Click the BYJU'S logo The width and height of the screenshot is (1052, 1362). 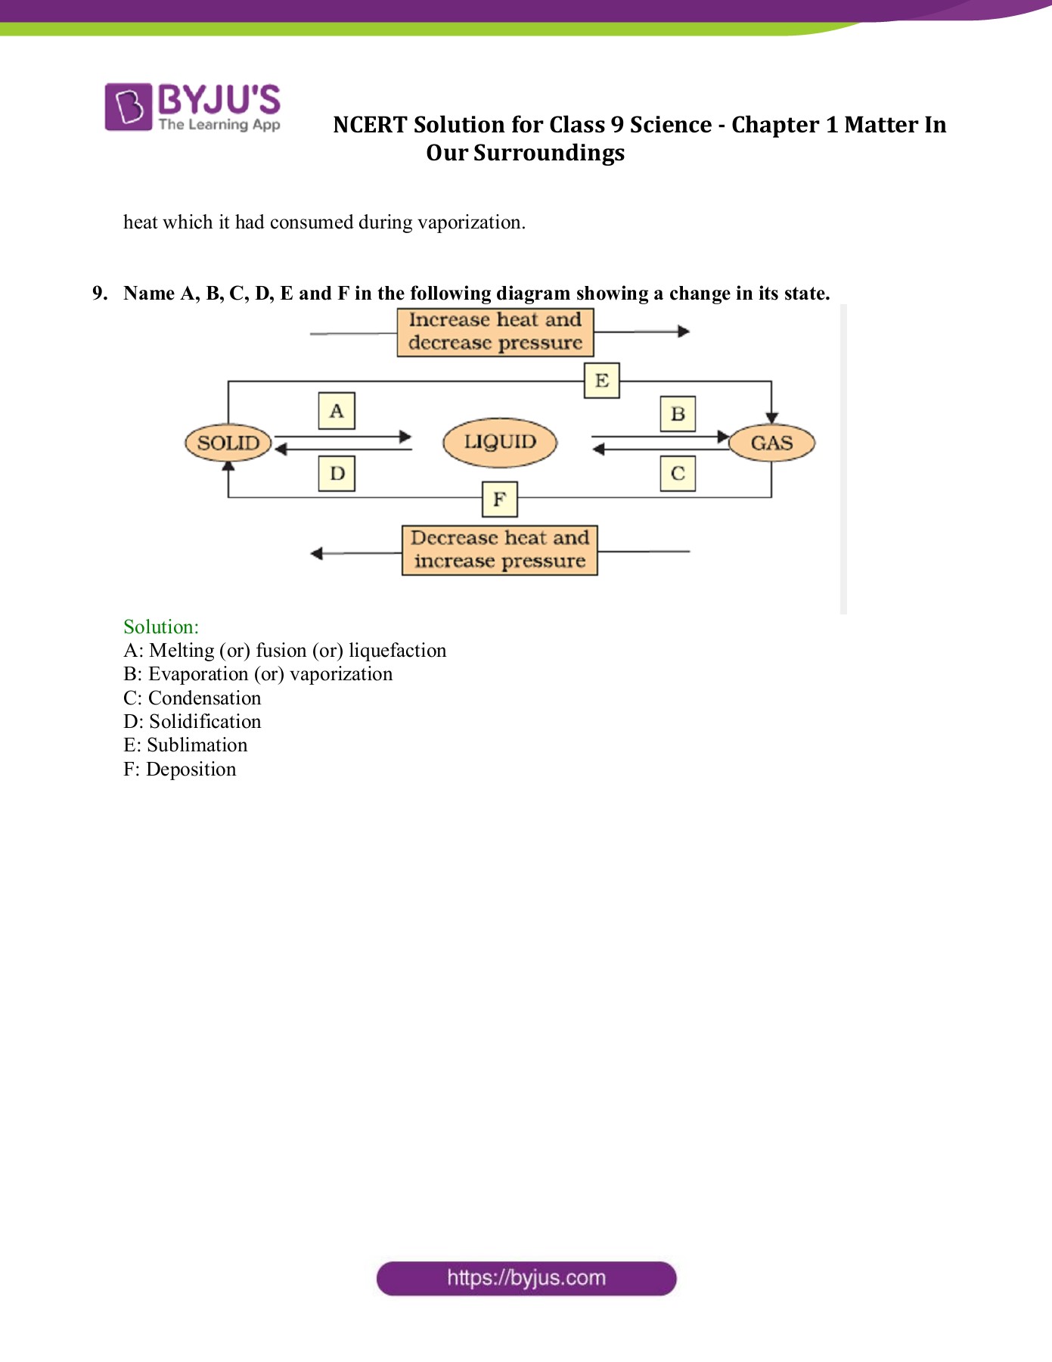pos(192,107)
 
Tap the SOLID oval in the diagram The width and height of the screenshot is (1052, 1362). pos(228,443)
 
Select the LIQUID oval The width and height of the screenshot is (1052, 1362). pos(499,442)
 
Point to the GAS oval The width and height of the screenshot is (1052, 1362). pos(771,443)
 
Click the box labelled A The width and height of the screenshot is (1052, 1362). pos(337,411)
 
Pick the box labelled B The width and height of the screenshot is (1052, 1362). pos(678,414)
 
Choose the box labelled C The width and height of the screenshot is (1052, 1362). pos(678,474)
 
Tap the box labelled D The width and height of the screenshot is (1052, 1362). pos(337,474)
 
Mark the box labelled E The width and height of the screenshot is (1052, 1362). pos(602,380)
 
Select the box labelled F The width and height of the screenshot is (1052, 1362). pos(499,499)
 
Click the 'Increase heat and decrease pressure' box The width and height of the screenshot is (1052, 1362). pos(495,331)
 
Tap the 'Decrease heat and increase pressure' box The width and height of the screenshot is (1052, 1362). pos(499,550)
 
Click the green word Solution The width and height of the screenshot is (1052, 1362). pos(161,627)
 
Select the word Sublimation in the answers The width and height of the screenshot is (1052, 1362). pos(197,745)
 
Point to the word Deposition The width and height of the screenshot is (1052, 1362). pos(191,770)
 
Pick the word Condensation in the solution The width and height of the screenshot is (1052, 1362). pos(204,698)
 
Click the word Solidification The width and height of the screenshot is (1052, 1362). pos(205,722)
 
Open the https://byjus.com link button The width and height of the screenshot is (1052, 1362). pos(526,1278)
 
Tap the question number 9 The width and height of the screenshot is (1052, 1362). pos(100,294)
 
